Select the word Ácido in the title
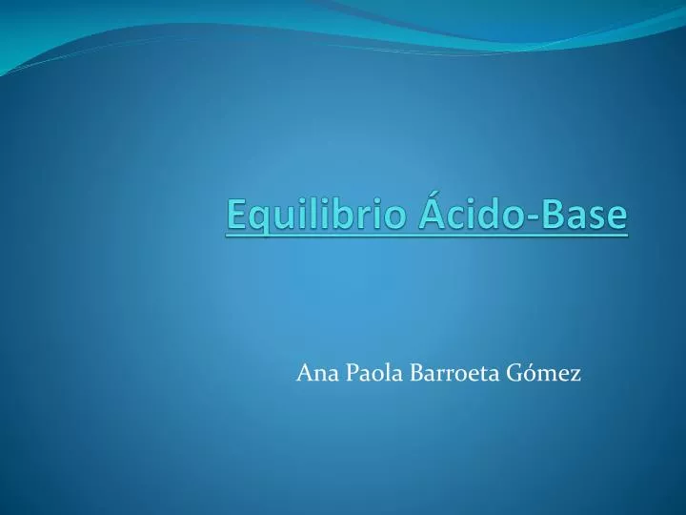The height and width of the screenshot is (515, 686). click(469, 215)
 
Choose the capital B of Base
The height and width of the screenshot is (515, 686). click(552, 215)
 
